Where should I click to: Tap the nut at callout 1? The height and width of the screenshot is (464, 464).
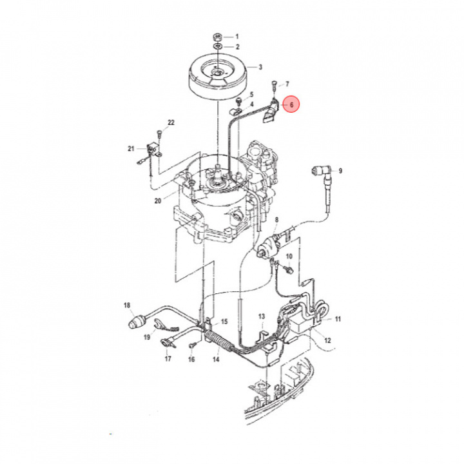click(218, 36)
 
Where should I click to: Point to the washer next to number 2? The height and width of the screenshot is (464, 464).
click(218, 47)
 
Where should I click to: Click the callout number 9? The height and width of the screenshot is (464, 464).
click(340, 171)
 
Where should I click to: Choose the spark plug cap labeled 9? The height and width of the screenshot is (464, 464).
click(319, 171)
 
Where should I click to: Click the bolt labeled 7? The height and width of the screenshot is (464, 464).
click(275, 84)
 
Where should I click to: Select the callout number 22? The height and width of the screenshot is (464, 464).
click(171, 122)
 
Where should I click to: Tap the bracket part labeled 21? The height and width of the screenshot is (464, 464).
click(154, 150)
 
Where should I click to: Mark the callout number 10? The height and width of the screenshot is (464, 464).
click(289, 256)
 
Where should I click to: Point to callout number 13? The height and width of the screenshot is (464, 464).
click(262, 316)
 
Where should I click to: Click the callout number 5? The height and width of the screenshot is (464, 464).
click(251, 95)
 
